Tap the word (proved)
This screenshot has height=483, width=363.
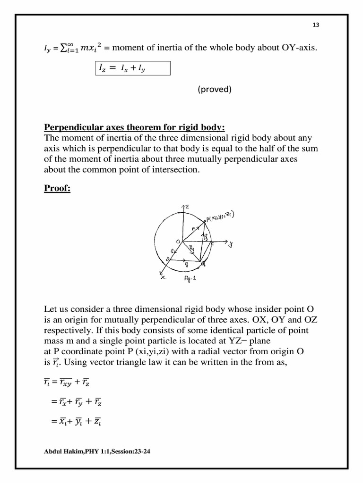[215, 89]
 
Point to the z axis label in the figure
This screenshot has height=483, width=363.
[188, 207]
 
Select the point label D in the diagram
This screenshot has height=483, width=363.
[167, 259]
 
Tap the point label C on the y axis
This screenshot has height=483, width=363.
[212, 244]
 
